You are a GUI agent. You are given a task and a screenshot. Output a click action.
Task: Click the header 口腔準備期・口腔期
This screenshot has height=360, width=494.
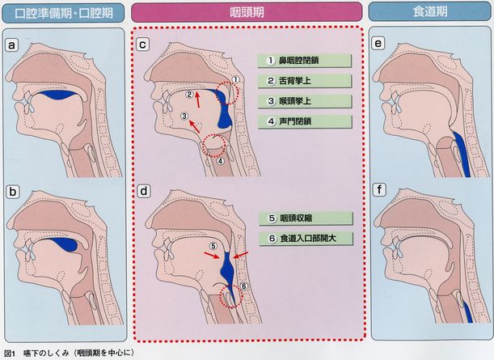point(63,13)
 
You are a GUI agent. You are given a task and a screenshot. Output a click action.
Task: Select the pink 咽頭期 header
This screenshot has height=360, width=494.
point(247,12)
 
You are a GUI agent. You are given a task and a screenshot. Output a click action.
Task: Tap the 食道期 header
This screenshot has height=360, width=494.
point(430,11)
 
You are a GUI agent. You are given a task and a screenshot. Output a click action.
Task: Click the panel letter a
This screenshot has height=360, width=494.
point(11,45)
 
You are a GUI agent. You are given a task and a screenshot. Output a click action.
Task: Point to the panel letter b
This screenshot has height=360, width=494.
point(13,192)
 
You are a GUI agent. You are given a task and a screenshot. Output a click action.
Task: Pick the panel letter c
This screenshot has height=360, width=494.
point(143,44)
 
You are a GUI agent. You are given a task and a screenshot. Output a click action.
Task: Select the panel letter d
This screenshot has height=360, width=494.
point(144,191)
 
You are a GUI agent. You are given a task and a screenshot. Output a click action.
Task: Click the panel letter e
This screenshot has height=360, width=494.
point(378,43)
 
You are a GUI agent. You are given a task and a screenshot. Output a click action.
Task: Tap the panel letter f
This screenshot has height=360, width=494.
point(379,190)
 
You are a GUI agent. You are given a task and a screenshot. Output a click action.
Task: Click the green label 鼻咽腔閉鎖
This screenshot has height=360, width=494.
point(304,61)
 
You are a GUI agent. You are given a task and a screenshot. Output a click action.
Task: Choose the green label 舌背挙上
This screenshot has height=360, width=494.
point(304,81)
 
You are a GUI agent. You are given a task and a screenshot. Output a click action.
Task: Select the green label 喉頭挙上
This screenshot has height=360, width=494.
point(304,101)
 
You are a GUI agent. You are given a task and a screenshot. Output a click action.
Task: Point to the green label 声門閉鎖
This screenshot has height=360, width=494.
point(305,121)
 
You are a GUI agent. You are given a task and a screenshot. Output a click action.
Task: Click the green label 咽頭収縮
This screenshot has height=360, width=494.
point(306,218)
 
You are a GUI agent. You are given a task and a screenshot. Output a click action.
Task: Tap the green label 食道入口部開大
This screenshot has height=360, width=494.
point(306,239)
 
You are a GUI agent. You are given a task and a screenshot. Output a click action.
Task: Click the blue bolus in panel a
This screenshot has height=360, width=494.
point(59,95)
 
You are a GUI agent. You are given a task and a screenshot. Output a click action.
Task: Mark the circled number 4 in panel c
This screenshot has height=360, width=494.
point(221,161)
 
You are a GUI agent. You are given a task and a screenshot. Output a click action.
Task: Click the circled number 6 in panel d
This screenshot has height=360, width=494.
point(244,286)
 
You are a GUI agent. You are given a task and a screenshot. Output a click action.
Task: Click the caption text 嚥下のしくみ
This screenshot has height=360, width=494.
point(46,353)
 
